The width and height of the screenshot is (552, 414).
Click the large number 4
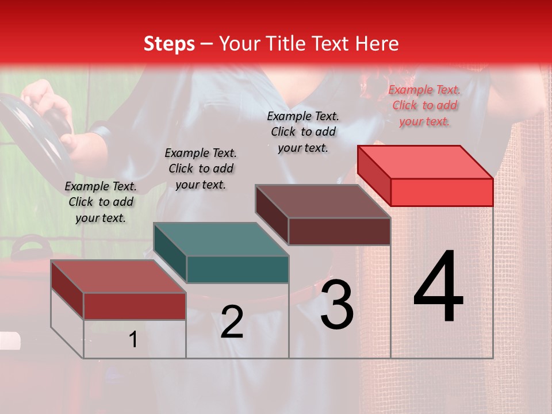tap(438, 287)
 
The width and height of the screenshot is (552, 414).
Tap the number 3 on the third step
tap(336, 305)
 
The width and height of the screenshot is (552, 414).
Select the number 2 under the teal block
tap(232, 322)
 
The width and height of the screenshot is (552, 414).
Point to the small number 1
tap(133, 340)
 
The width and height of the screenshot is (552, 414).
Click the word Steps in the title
tap(169, 44)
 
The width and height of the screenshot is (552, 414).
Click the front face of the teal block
tap(237, 269)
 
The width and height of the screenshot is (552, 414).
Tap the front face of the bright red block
tap(442, 192)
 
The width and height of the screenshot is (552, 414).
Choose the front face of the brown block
tap(339, 231)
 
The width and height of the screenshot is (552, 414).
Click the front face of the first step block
tap(135, 306)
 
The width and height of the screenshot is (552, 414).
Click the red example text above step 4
tap(424, 105)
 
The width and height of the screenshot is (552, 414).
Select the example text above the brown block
tap(303, 132)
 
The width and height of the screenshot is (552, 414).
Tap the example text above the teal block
tap(201, 168)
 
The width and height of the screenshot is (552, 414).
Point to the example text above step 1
tap(101, 202)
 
